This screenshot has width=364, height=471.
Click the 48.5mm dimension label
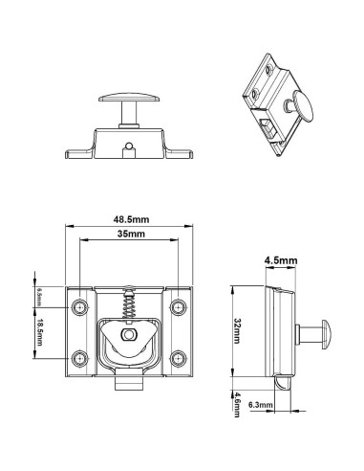131,219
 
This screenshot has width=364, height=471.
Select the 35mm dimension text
131,234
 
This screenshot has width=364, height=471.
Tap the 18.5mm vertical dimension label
39,332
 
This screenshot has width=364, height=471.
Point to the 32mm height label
237,330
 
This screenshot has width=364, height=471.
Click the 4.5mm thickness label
281,260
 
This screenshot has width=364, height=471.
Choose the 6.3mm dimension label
261,405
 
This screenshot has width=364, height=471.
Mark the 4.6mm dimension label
237,405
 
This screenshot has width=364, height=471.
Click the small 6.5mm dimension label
39,297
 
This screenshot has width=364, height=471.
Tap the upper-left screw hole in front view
79,307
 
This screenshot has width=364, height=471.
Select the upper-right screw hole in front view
178,307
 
